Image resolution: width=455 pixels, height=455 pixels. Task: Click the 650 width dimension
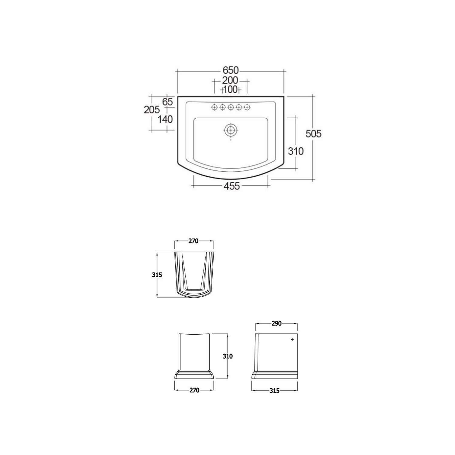pos(231,70)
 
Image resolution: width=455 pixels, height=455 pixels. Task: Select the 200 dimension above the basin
pos(230,81)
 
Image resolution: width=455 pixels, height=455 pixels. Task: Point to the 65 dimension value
pos(167,102)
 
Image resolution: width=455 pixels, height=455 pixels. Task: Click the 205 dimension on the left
pos(152,110)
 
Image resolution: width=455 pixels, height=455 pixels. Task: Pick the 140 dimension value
pos(165,119)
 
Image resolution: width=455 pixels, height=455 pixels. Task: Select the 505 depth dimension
pos(313,133)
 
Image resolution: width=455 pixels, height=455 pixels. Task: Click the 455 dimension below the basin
pos(231,186)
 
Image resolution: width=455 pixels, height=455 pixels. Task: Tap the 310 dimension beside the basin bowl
pos(295,151)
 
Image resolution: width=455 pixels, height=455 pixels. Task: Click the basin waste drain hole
pos(231,130)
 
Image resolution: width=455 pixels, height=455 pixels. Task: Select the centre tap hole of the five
pos(231,107)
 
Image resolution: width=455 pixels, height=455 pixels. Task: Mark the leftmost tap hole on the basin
pos(214,107)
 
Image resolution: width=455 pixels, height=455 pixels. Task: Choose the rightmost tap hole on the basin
pos(247,107)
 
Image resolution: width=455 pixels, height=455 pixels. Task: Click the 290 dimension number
pos(277,323)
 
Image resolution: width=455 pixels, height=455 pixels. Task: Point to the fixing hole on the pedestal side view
pos(292,339)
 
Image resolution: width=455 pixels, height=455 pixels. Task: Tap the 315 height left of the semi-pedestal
pos(157,275)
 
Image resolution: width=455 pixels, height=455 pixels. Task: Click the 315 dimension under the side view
pos(275,391)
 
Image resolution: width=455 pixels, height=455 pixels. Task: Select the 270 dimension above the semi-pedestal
pos(194,241)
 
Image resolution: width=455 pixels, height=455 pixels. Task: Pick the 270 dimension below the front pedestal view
pos(194,390)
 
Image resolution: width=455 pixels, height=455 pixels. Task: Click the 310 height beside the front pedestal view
pos(227,356)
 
